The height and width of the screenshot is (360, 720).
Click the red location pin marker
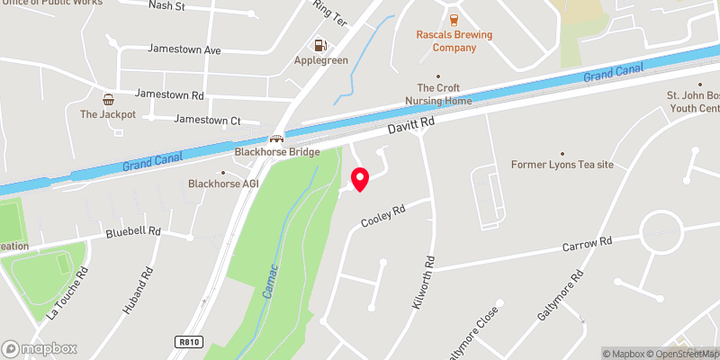click(x=360, y=179)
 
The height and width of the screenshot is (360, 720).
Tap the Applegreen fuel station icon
click(x=319, y=45)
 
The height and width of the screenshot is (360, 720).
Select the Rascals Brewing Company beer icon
click(x=453, y=19)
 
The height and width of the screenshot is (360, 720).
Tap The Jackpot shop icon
click(x=108, y=99)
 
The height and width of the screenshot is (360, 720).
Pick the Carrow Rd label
click(x=587, y=242)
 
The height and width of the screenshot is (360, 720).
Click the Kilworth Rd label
click(x=424, y=283)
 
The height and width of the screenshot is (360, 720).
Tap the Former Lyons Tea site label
click(x=562, y=165)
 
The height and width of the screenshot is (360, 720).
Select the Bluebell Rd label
click(x=132, y=231)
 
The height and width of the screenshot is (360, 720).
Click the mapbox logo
click(x=40, y=348)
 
